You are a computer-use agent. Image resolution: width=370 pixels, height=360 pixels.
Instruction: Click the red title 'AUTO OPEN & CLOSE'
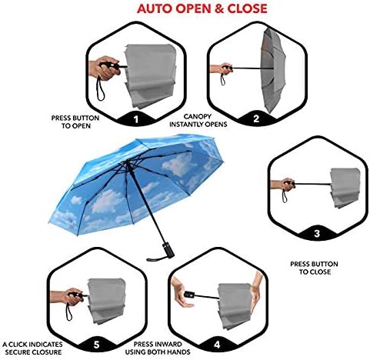point(202,9)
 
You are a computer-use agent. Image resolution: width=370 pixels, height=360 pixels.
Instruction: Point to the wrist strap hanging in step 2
point(224,78)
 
